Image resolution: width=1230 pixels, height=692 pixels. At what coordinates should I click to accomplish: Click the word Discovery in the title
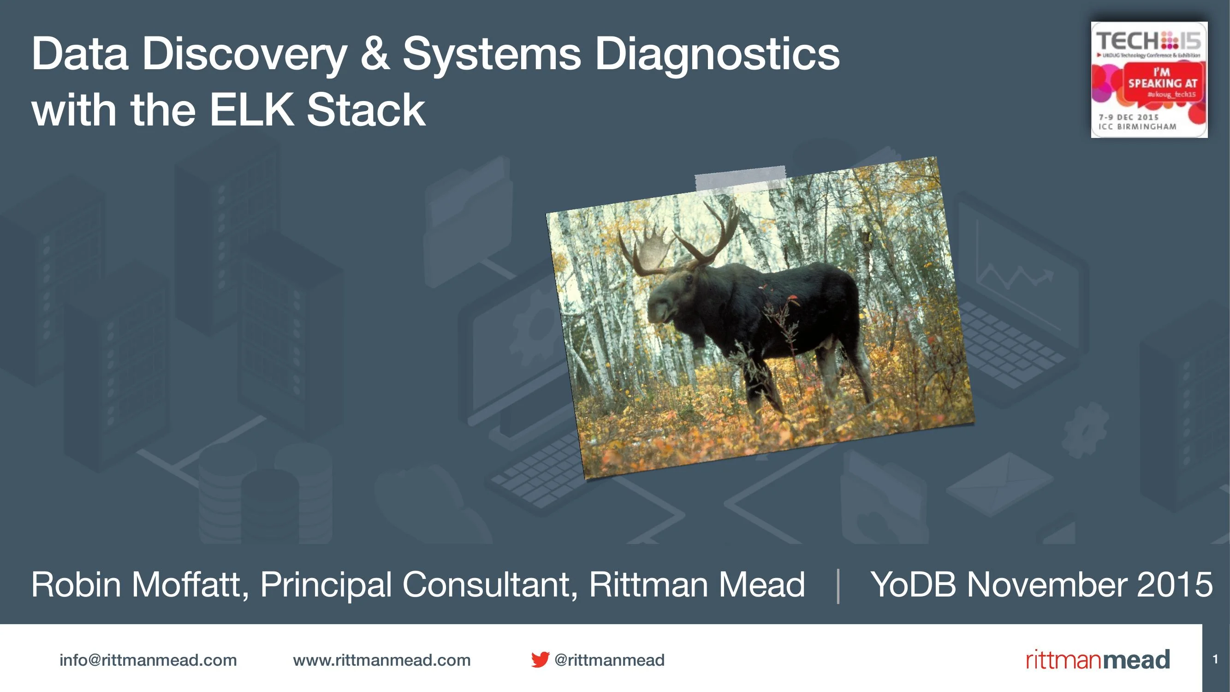pyautogui.click(x=244, y=54)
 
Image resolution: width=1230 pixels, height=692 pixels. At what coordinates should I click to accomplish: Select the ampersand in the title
pyautogui.click(x=375, y=54)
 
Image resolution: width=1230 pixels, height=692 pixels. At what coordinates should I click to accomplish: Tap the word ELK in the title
pyautogui.click(x=251, y=110)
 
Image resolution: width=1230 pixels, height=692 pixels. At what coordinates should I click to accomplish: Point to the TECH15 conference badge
pyautogui.click(x=1149, y=80)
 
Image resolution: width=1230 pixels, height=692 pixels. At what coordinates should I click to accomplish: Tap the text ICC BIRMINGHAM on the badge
pyautogui.click(x=1137, y=127)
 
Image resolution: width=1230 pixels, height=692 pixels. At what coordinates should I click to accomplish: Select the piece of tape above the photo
pyautogui.click(x=740, y=178)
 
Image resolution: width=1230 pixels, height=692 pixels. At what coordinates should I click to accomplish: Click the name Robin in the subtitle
pyautogui.click(x=76, y=584)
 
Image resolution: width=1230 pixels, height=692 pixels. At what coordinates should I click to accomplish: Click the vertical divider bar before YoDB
pyautogui.click(x=838, y=586)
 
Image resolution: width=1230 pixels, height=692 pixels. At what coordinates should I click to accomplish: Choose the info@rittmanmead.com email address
pyautogui.click(x=148, y=660)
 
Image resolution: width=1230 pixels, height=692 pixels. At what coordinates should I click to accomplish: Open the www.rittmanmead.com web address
pyautogui.click(x=381, y=660)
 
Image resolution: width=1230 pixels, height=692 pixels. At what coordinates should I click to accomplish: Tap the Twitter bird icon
pyautogui.click(x=540, y=660)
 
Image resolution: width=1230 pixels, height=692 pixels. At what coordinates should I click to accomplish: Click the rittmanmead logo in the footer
pyautogui.click(x=1098, y=660)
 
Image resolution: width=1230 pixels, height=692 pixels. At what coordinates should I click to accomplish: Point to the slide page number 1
pyautogui.click(x=1215, y=660)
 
